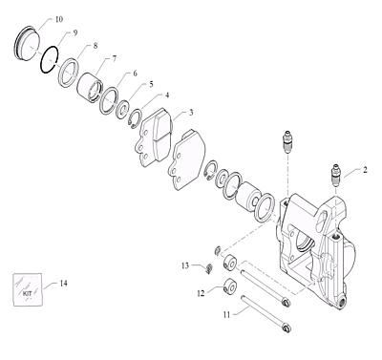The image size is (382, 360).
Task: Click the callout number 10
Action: coord(59,19)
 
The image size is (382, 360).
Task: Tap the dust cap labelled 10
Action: coord(28,43)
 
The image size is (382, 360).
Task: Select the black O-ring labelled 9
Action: coord(50,60)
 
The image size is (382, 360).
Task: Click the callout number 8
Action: coord(95,46)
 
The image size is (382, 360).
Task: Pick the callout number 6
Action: coord(135,74)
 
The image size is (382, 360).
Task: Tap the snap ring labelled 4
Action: coord(136,119)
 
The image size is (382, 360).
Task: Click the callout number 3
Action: coord(191,113)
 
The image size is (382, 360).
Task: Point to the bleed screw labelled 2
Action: coord(335,177)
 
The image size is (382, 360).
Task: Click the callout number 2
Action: coord(365,170)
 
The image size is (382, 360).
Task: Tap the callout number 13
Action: coord(185,265)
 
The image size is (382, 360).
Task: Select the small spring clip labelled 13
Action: coord(209,269)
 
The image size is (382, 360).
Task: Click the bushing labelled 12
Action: coord(230,286)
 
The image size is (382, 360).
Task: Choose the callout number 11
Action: coord(226,315)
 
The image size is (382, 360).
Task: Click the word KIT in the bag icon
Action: coord(28,293)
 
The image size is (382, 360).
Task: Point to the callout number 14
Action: coord(63,283)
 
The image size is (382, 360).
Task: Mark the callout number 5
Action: coord(151,84)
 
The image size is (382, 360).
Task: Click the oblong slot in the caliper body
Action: coord(323,222)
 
